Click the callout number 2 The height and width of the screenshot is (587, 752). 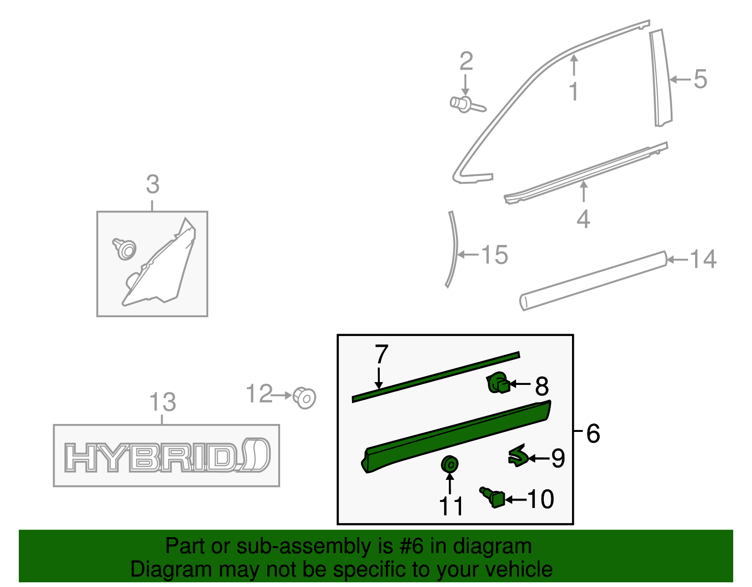coord(466,62)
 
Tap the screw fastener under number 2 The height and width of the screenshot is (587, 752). coord(465,104)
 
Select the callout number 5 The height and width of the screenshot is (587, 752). coord(700,79)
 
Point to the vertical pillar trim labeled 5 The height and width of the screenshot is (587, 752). coord(662,78)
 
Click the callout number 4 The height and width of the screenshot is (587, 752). coord(583,219)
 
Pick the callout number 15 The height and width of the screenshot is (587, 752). coord(494,255)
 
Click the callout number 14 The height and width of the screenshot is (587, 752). coord(703,259)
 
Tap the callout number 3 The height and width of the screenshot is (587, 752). coord(152,184)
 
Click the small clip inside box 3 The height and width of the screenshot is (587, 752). coord(125,249)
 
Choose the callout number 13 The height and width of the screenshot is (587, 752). coord(162,402)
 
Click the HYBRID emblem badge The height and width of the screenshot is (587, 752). coord(166,456)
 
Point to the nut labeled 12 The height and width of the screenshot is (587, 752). coord(305,398)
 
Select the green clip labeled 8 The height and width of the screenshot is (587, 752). coord(498,383)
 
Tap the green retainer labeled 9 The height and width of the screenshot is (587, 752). coord(518,455)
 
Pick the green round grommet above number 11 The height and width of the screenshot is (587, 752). coord(450,464)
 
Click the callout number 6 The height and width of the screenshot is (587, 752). coord(593,433)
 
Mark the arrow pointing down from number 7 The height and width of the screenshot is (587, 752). coord(379,378)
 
